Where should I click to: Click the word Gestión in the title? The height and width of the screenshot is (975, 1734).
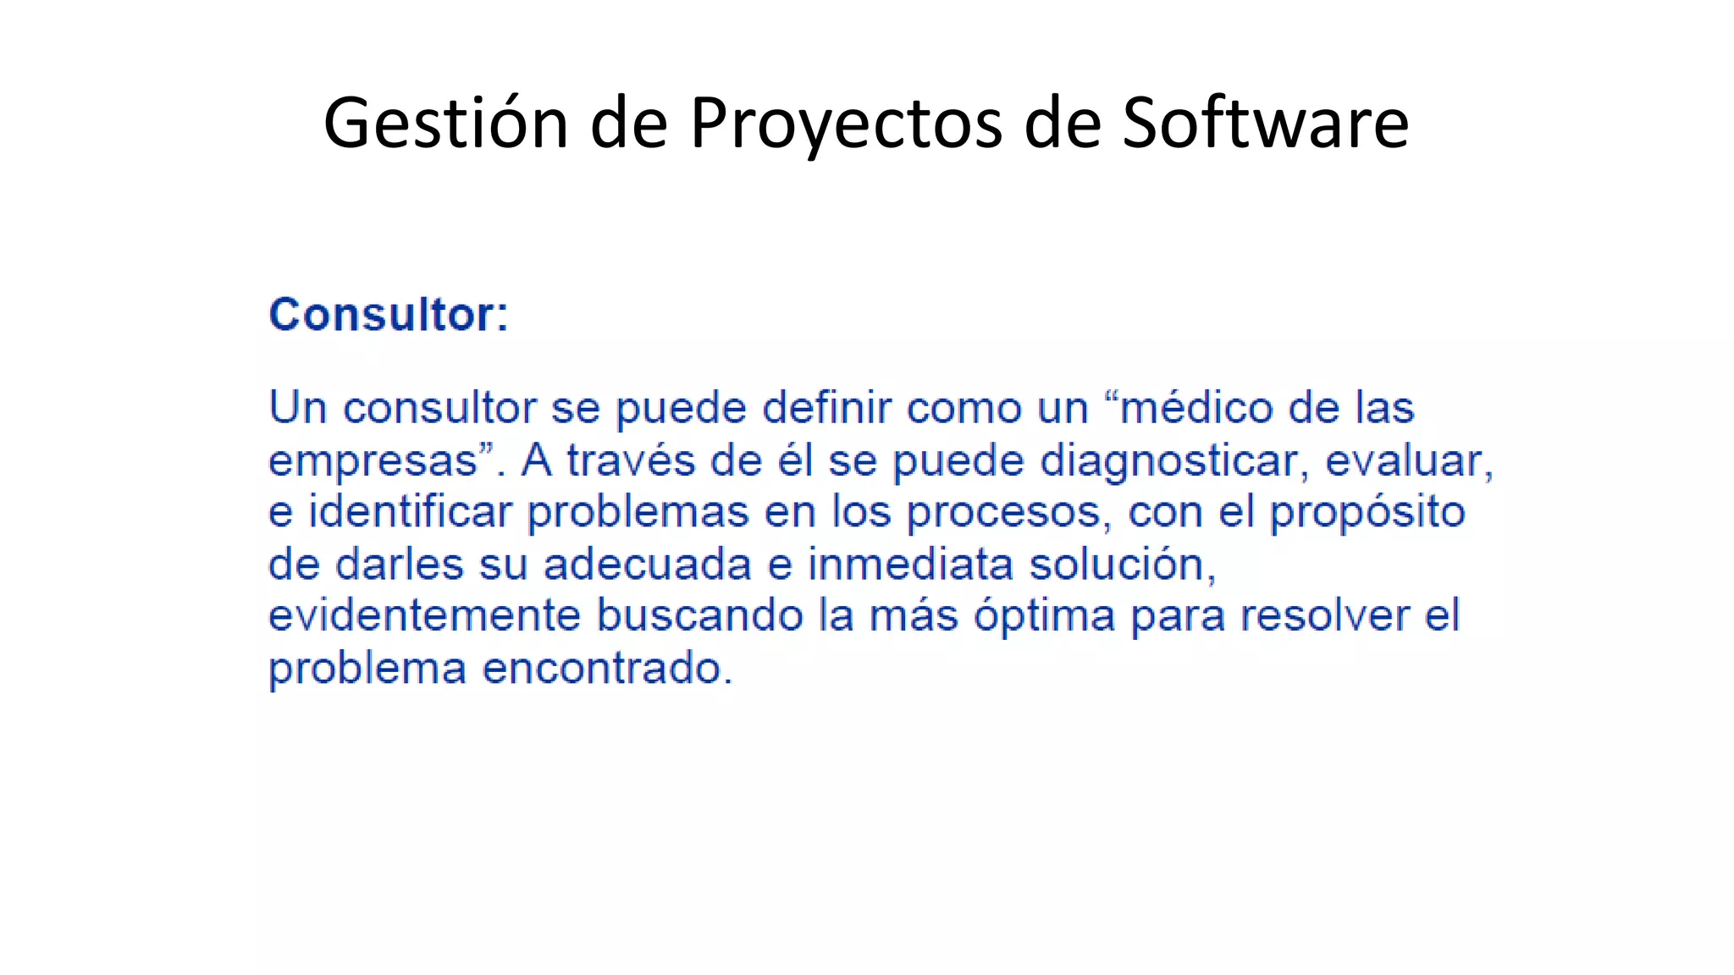click(445, 124)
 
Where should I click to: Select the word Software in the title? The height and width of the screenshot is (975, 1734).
click(1265, 124)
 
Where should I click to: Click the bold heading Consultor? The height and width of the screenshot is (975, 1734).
click(389, 315)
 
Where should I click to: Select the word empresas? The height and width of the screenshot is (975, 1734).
click(373, 462)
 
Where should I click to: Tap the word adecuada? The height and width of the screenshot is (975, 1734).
click(648, 565)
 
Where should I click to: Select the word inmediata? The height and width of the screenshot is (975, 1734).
click(910, 565)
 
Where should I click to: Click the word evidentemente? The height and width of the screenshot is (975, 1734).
click(424, 616)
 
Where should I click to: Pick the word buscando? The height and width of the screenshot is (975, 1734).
click(699, 616)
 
